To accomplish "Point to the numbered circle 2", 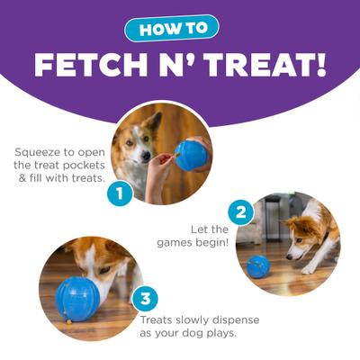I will point(238,213).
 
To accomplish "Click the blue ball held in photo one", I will point(191,154).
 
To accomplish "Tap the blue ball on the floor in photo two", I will point(258,265).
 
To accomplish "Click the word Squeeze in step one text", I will point(41,152).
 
